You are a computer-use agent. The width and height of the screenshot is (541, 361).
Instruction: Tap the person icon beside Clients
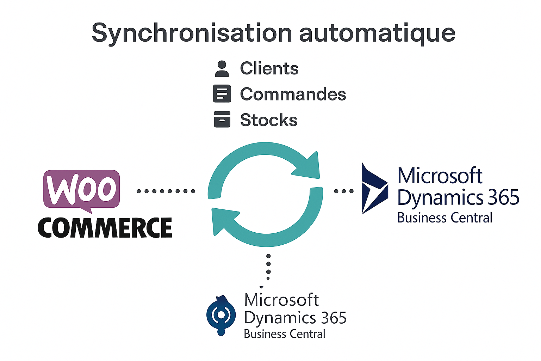tap(222, 69)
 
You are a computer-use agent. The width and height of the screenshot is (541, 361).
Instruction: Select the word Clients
tap(269, 68)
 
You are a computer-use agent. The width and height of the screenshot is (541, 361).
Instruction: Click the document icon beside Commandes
tap(222, 94)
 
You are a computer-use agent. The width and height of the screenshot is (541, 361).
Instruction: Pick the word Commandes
tap(293, 94)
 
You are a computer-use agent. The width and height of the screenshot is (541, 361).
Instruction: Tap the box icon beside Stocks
tap(222, 119)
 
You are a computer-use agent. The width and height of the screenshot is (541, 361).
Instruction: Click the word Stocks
tap(269, 120)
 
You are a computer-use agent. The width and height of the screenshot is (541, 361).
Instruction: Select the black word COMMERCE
tap(105, 228)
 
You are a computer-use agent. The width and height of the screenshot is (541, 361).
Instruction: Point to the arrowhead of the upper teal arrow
tap(308, 166)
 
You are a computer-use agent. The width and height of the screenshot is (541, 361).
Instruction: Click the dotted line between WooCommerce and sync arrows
tap(166, 191)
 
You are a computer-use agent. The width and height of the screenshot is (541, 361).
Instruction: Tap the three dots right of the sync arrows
tap(343, 191)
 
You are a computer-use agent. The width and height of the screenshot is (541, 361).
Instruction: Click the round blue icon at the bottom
tap(221, 315)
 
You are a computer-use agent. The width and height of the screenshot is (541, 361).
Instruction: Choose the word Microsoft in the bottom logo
tap(281, 300)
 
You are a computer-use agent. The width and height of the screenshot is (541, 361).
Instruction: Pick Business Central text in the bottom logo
tap(284, 334)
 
